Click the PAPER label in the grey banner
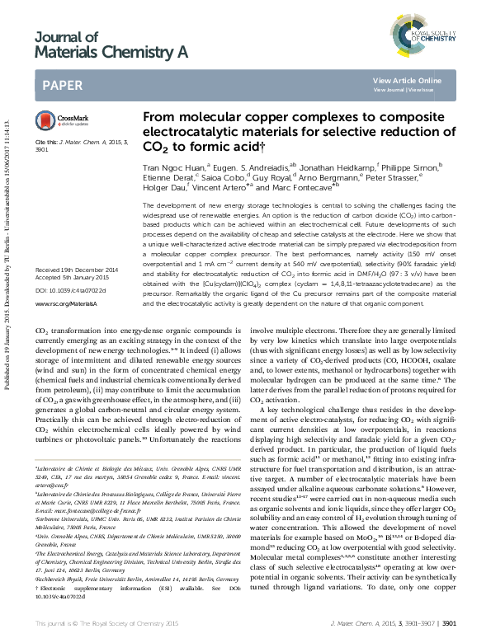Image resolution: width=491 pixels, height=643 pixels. (61, 84)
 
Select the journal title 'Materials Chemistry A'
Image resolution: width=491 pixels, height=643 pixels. (111, 52)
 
